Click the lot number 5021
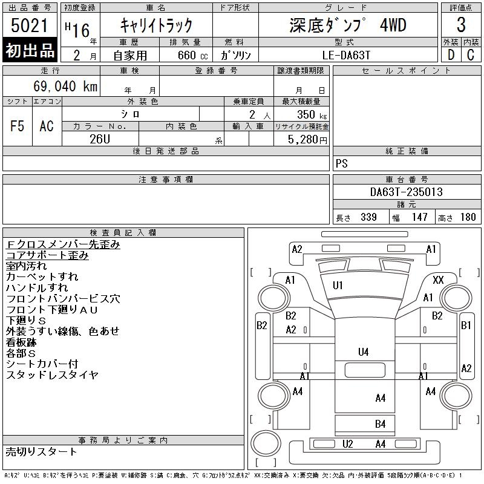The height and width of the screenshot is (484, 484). (x=30, y=25)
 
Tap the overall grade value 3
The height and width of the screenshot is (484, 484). (x=461, y=25)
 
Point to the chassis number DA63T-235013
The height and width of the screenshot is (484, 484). (x=407, y=192)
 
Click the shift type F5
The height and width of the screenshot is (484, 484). (x=18, y=126)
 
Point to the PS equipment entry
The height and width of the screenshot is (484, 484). (x=342, y=164)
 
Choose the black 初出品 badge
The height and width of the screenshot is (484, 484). (x=30, y=50)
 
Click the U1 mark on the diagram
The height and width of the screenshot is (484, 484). (x=338, y=285)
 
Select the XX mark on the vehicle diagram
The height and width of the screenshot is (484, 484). (x=439, y=280)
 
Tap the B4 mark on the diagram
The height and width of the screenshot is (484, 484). (x=380, y=424)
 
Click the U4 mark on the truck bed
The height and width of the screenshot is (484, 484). (x=363, y=351)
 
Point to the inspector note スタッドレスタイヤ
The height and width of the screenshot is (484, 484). (x=52, y=375)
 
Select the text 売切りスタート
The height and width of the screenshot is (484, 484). (x=42, y=452)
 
